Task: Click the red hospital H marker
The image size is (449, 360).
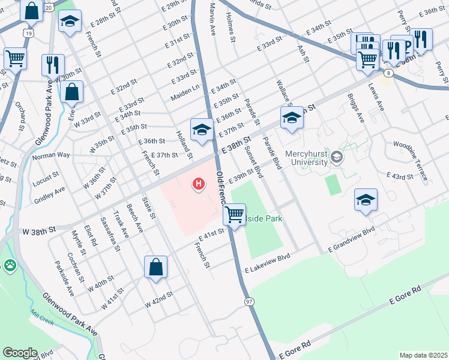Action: click(197, 183)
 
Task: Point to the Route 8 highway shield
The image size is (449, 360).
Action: click(389, 73)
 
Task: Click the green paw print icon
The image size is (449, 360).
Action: click(10, 265)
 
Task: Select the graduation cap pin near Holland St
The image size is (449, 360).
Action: click(202, 130)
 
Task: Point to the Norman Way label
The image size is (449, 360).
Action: click(51, 155)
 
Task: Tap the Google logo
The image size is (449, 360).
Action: click(20, 352)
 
